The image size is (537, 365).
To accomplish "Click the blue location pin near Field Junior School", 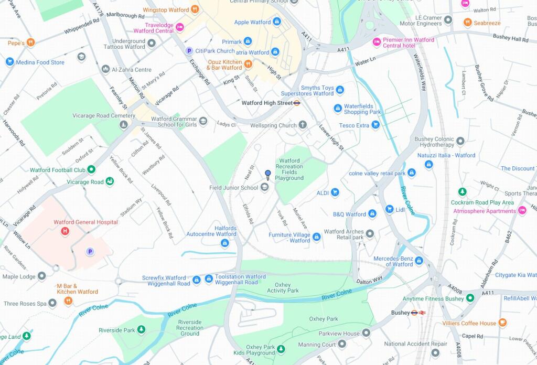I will coord(267,175).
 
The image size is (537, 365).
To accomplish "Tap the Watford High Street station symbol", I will coord(297,103).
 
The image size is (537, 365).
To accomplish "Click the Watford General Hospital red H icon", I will coord(65,231).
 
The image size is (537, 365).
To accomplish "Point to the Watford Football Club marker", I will coord(91,169).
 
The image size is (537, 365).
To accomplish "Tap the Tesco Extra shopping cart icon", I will coord(375,125).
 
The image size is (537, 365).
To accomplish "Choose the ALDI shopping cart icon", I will coord(335,193).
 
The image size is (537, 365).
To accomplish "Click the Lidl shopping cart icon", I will coord(389,209).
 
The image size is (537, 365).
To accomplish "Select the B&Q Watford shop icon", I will coord(372,214).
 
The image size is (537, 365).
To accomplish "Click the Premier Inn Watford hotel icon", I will coord(376,42).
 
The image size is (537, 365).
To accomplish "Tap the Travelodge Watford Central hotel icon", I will coord(180,27).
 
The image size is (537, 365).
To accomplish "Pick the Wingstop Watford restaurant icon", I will coord(195,9).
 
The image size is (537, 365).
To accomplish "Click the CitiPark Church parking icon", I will coord(189,51).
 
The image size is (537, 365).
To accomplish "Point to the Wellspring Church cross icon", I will coord(303,125).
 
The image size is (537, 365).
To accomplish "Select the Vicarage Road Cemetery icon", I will coord(123,125).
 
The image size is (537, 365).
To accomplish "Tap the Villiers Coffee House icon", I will coord(502,323).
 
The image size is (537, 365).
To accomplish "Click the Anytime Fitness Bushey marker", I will coord(470,298).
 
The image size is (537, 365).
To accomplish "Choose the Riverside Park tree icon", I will coord(141,330).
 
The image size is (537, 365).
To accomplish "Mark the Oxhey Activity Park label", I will coord(283,287).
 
